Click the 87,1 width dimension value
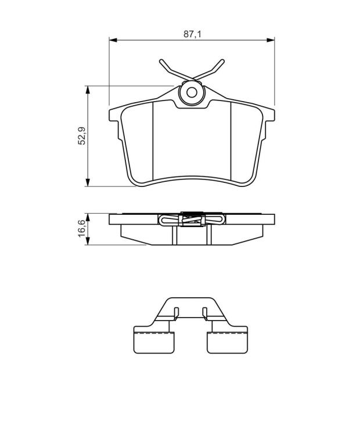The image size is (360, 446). point(192,34)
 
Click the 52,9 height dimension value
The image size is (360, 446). point(82,136)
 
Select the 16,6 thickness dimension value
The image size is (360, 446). point(82,228)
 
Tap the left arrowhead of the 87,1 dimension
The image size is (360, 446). point(113,40)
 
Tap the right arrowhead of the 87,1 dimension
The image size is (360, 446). point(271,40)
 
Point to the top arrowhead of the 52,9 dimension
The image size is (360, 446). point(88,89)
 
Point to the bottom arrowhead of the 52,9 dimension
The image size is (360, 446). point(88,182)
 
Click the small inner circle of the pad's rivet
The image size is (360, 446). point(192,92)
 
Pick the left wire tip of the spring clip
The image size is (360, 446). point(161,61)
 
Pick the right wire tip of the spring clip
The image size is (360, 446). point(222,61)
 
